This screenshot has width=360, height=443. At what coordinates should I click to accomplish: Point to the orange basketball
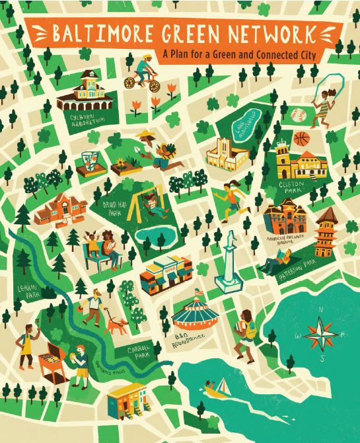pyautogui.click(x=302, y=139)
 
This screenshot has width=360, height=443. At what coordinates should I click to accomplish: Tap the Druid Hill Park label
pyautogui.click(x=108, y=210)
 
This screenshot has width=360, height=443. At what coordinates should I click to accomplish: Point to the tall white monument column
pyautogui.click(x=229, y=261)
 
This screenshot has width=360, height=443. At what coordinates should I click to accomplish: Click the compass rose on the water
pyautogui.click(x=319, y=332)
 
